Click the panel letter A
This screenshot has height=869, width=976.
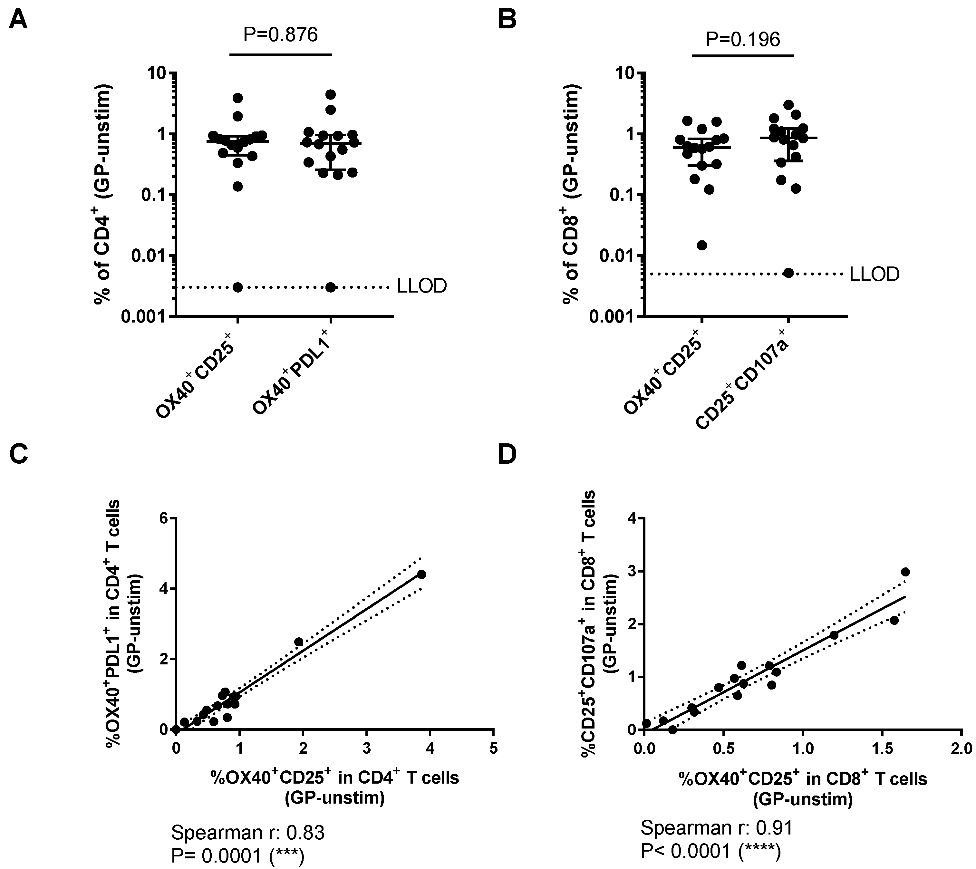click(x=18, y=20)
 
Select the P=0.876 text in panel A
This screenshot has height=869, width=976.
click(x=280, y=34)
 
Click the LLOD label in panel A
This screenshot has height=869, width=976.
click(x=422, y=286)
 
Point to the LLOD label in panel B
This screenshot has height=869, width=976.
click(x=874, y=274)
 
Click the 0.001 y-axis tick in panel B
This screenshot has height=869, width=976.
click(x=614, y=316)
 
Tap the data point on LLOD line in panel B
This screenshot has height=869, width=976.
click(x=788, y=273)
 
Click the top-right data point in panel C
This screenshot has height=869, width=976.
click(x=421, y=574)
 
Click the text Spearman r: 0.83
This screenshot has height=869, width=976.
click(x=247, y=833)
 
